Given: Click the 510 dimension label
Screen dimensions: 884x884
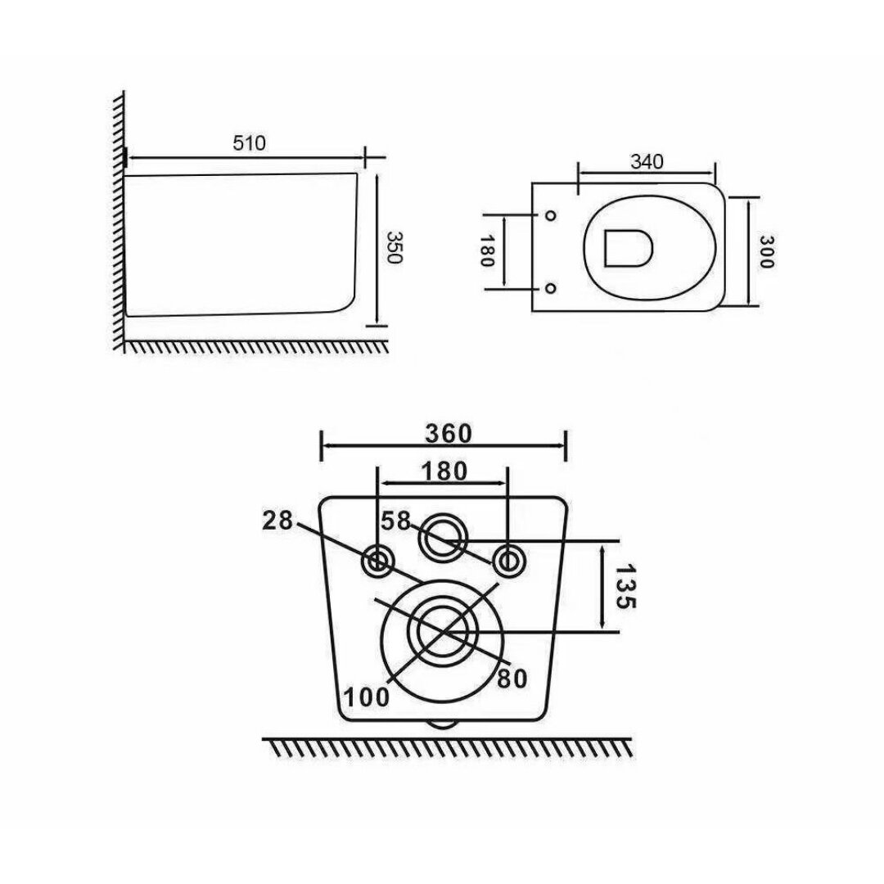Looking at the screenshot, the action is [249, 143].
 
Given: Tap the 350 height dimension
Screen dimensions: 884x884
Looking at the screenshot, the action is [393, 247].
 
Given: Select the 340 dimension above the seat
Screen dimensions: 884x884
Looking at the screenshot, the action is [647, 162].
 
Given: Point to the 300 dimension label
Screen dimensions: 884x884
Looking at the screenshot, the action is [766, 251].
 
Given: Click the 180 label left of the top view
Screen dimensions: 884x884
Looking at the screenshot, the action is [486, 250].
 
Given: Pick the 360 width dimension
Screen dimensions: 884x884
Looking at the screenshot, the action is [449, 434].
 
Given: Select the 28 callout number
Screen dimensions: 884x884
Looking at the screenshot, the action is [278, 521].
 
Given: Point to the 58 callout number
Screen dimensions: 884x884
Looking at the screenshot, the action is [395, 521].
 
